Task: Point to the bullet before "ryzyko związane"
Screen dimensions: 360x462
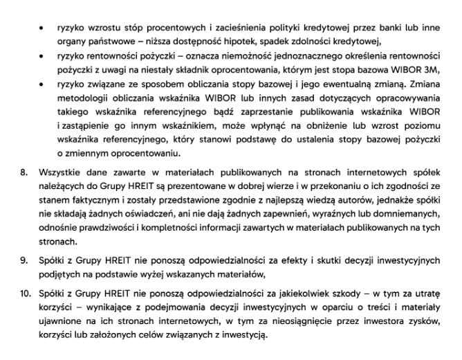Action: pos(43,84)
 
